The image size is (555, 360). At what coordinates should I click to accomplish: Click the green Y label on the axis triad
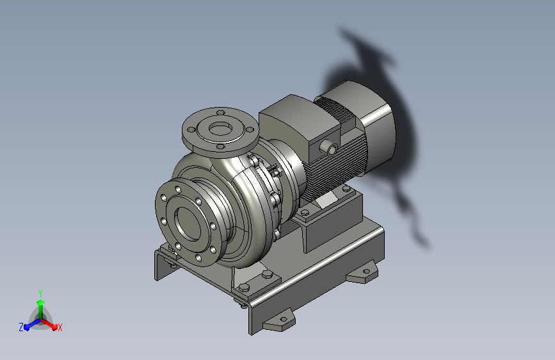(40, 293)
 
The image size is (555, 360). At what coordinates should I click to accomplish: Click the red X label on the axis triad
(60, 327)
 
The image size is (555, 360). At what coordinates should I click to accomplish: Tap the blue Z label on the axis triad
(21, 327)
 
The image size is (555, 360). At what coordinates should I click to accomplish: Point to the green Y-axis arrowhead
(41, 302)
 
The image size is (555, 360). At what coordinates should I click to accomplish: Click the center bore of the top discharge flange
(220, 129)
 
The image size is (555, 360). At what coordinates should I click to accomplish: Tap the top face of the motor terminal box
(299, 115)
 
